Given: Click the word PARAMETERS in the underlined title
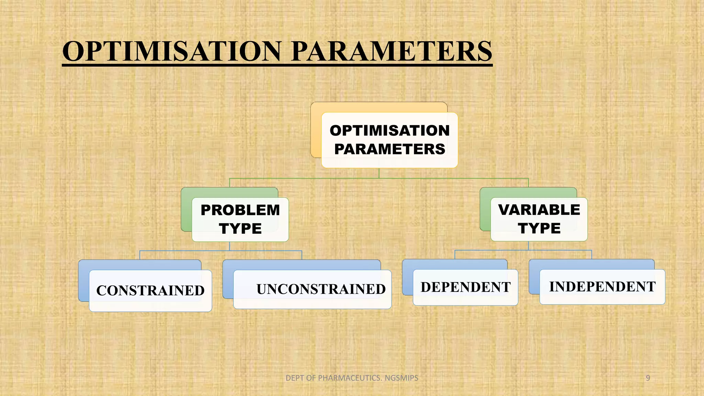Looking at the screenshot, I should point(392,51).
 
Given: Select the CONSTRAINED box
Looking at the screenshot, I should point(150,290).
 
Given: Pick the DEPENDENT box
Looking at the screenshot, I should point(465,287).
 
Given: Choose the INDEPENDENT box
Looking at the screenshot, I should point(602,287).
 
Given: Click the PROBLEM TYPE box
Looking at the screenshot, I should point(240,219).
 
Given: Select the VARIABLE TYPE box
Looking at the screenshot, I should point(539,219).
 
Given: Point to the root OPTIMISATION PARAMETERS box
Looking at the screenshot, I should point(389,140).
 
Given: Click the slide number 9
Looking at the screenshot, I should point(648,378).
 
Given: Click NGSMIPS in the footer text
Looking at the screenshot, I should point(401,378).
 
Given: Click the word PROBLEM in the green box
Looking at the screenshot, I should point(240,210).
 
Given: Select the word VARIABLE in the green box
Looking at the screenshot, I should point(539,210).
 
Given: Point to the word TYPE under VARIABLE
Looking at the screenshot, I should point(539,228).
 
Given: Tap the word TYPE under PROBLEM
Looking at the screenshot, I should point(240,229).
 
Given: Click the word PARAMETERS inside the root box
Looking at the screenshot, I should point(389,149).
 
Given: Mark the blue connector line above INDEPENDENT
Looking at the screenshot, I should point(592,254).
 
